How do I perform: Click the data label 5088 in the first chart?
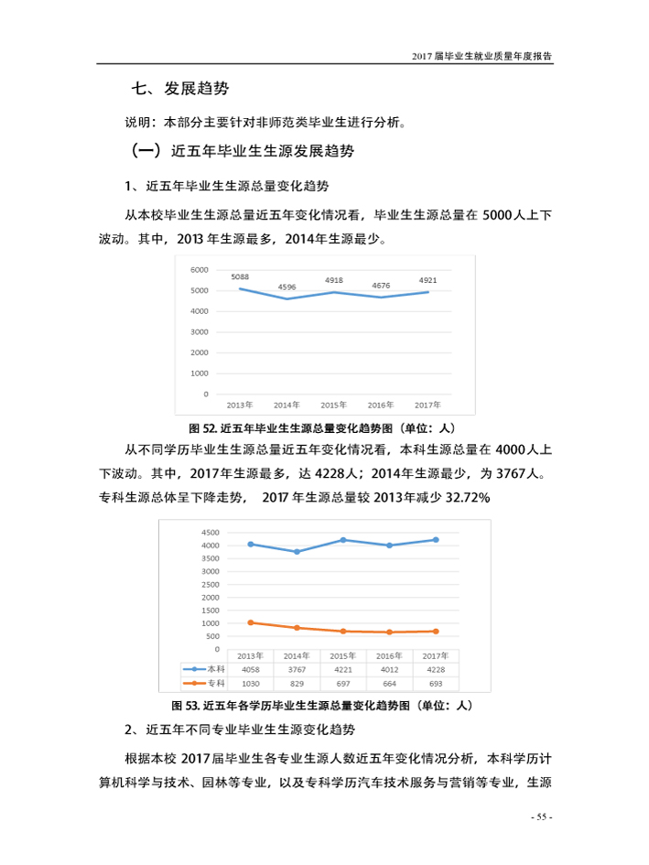coord(241,276)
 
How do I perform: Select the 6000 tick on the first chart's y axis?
coord(200,270)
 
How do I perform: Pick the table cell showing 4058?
coord(251,670)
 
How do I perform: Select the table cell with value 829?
coord(295,684)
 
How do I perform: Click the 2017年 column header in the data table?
coord(436,656)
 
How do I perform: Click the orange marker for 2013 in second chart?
coord(251,622)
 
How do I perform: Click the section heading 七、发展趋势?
coord(180,89)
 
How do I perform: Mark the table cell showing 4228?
coord(436,670)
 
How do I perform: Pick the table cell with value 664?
coord(389,684)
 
